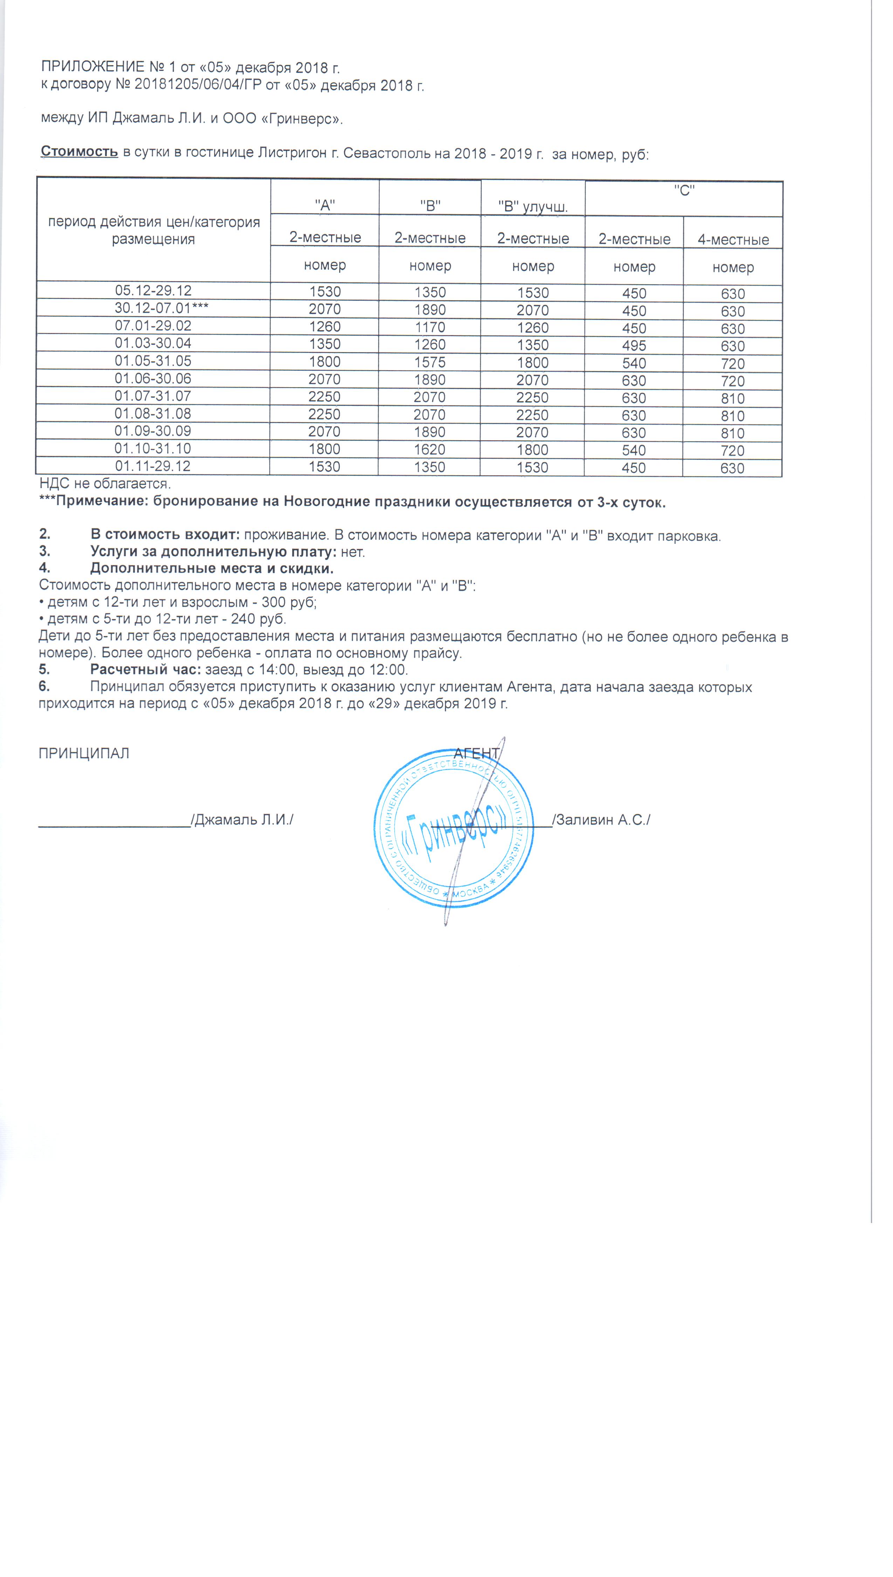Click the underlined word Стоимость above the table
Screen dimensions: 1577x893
point(79,151)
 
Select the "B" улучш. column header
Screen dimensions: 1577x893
point(533,206)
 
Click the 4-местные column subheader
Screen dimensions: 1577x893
point(733,240)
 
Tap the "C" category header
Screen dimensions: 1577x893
point(684,191)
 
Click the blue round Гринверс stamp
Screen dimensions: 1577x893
point(453,828)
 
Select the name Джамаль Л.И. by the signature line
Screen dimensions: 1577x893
point(243,819)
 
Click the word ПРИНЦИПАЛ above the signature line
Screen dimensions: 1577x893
point(84,753)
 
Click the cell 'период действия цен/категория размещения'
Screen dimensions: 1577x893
point(153,230)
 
